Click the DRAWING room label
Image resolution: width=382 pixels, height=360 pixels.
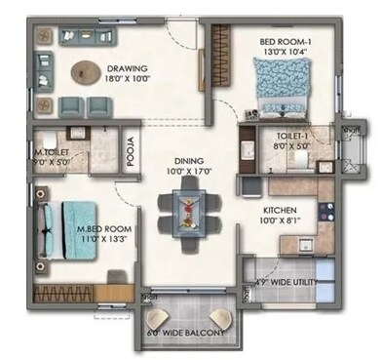coord(126,69)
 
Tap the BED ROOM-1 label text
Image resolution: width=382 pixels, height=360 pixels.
coord(285,43)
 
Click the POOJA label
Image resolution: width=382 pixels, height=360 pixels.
coord(130,155)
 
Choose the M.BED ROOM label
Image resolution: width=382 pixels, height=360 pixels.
coord(104,228)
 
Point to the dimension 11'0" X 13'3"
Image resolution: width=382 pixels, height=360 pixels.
coord(104,239)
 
